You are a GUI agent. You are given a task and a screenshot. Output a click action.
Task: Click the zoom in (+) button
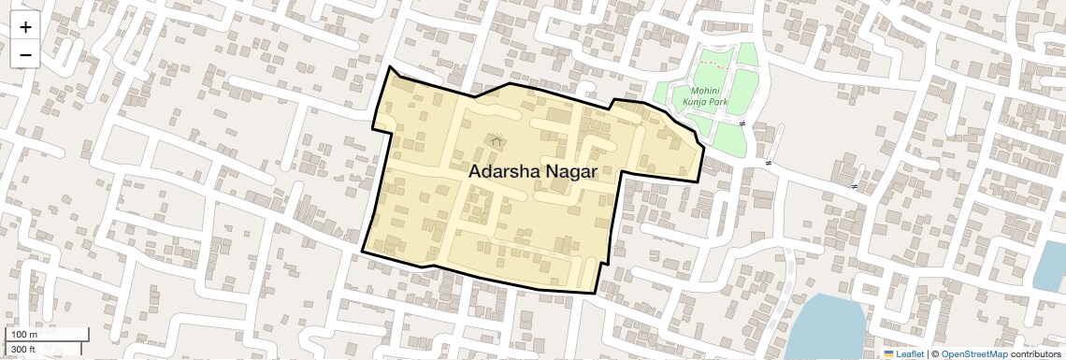[x=25, y=27]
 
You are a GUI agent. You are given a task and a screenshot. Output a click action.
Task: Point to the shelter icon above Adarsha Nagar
[x=497, y=141]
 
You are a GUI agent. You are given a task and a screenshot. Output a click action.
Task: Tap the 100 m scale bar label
[x=25, y=334]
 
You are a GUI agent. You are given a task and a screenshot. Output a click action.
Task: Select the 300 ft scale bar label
[x=23, y=350]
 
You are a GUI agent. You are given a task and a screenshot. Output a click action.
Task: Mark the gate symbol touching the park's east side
[x=742, y=123]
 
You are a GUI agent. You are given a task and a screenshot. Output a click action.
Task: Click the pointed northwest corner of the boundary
[x=390, y=67]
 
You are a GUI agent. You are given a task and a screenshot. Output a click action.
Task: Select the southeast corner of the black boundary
[x=596, y=293]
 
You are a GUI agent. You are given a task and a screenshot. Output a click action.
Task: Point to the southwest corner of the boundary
[x=363, y=250]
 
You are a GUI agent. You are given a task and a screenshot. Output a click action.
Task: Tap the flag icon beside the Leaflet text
[x=888, y=353]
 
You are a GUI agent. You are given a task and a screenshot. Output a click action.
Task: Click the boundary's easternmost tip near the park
[x=703, y=148]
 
